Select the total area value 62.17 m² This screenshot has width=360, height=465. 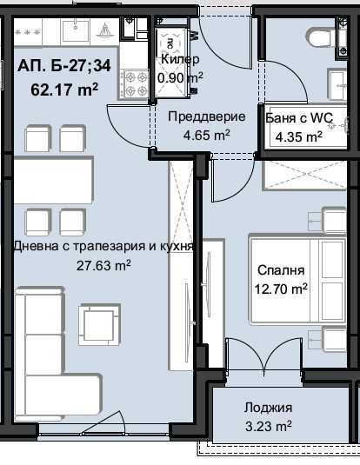click(64, 87)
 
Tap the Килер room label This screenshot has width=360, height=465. click(179, 59)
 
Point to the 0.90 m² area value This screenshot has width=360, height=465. click(180, 76)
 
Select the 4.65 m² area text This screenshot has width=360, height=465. click(205, 135)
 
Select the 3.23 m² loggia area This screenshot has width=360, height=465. click(269, 427)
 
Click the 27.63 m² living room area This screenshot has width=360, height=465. click(103, 265)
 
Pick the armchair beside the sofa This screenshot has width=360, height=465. click(98, 324)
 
